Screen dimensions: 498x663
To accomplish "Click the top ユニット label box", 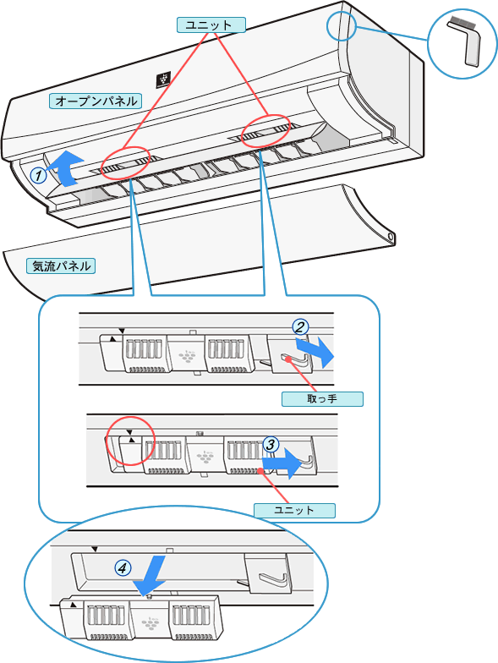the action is (x=211, y=25).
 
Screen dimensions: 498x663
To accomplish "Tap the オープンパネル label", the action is (x=96, y=101).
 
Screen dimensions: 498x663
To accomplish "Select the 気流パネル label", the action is (x=61, y=266).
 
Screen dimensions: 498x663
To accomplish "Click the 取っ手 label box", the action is (x=322, y=399).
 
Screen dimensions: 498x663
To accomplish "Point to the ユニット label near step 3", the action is (x=294, y=510).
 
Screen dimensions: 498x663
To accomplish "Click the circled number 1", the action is (x=39, y=175).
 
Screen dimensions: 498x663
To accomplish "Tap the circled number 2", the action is (x=300, y=327).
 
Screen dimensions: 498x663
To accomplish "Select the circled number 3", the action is (x=271, y=445).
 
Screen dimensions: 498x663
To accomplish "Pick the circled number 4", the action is (x=123, y=568).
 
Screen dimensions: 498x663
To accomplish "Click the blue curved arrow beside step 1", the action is (x=66, y=169).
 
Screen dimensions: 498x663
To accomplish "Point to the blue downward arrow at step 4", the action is (x=150, y=574).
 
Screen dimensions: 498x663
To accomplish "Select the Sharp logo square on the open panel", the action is (x=163, y=79).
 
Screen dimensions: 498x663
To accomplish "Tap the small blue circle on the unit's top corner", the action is (x=342, y=12).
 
